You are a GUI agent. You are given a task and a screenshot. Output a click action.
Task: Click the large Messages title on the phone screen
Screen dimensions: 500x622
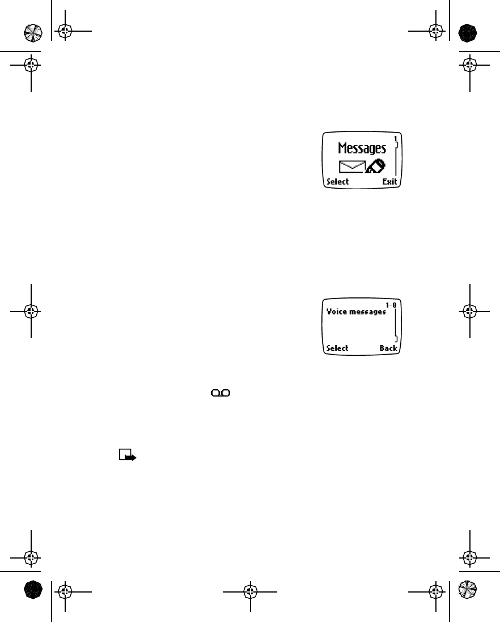coord(362,148)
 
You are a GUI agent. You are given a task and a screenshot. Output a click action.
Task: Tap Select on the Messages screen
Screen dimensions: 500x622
coord(337,182)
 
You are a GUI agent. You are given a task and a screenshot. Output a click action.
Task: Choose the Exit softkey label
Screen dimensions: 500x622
coord(389,182)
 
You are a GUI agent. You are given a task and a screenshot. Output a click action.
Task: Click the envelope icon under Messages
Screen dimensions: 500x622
coord(351,167)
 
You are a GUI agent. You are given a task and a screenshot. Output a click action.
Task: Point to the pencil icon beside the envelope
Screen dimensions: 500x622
coord(375,166)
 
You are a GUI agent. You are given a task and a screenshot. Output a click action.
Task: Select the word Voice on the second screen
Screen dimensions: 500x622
coord(336,312)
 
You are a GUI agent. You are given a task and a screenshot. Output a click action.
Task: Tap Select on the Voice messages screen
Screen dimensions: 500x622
coord(337,348)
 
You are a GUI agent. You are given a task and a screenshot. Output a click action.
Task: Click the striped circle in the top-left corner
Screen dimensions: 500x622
coord(32,32)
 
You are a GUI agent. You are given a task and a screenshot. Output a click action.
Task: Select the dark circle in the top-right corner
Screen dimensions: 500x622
coord(468,32)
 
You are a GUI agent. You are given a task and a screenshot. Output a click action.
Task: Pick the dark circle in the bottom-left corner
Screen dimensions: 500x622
coord(32,590)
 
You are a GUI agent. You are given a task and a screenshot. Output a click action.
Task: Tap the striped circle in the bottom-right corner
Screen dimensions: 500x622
coord(468,590)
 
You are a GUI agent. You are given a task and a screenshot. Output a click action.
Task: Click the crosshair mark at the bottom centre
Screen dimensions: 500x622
coord(250,591)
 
